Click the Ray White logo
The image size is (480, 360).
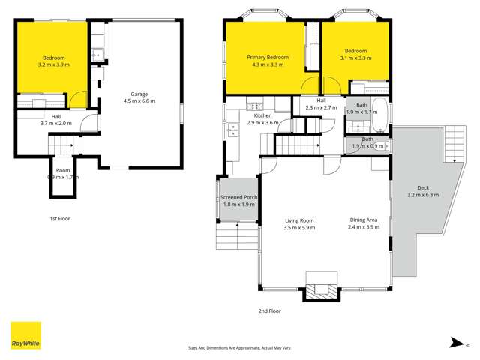pyautogui.click(x=25, y=336)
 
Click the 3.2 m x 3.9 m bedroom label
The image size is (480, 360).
pyautogui.click(x=52, y=61)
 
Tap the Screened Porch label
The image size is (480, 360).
pyautogui.click(x=238, y=202)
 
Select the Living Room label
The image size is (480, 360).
pyautogui.click(x=298, y=223)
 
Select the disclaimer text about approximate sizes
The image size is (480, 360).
pyautogui.click(x=239, y=347)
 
